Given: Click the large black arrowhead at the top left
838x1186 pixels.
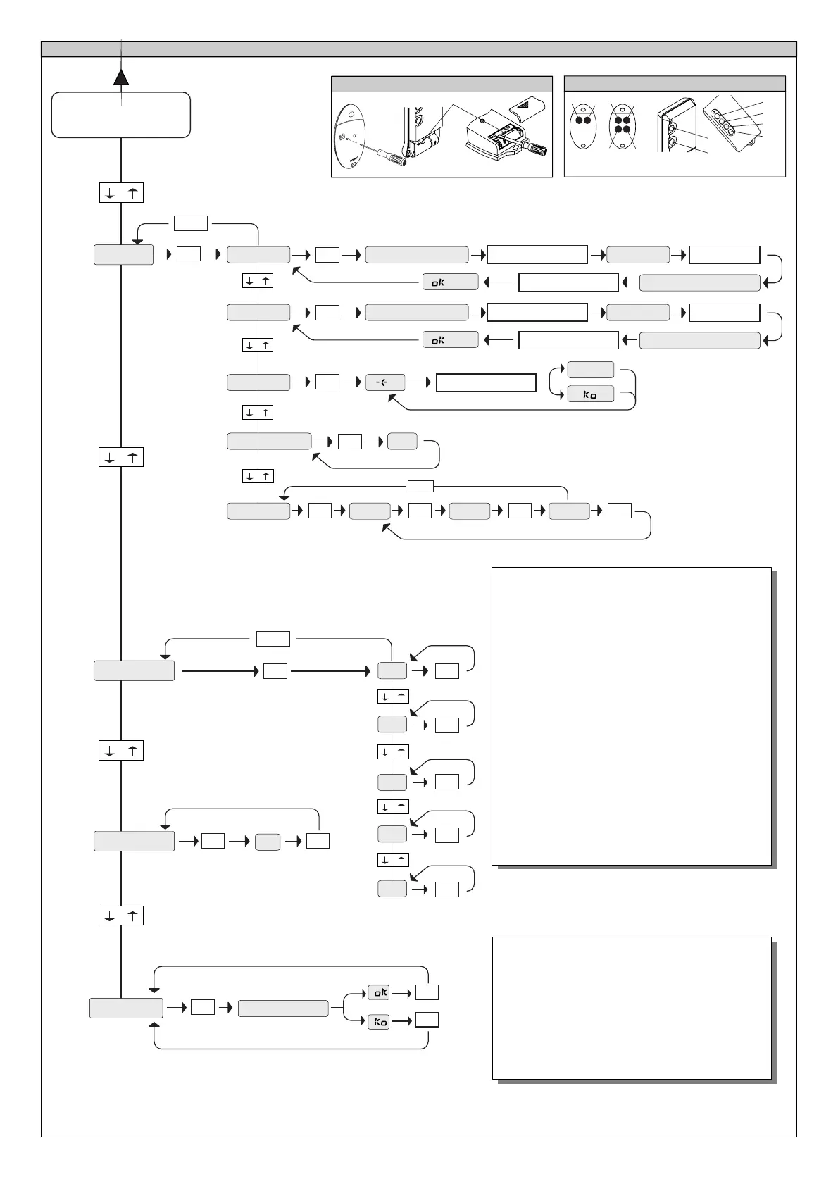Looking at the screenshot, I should tap(122, 76).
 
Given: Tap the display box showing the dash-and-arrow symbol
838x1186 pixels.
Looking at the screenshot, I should tap(385, 382).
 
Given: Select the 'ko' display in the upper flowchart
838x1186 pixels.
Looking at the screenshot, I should tap(590, 394).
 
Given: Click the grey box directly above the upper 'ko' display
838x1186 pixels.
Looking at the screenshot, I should tap(590, 370).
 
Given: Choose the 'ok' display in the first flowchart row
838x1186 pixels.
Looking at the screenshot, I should tap(450, 282).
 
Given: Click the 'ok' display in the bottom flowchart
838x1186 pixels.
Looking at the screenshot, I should tap(379, 992).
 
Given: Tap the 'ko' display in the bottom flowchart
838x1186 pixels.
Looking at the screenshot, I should tap(379, 1021).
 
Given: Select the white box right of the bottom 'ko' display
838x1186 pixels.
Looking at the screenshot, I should tap(427, 1020).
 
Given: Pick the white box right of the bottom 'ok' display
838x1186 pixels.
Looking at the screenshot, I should tap(427, 992).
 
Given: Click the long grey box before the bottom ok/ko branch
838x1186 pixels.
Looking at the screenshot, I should tap(283, 1008).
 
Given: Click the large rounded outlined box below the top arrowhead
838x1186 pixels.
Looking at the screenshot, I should tap(121, 115).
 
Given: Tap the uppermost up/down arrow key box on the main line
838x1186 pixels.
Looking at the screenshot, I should tap(121, 192).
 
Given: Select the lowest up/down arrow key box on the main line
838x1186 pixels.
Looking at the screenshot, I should tap(121, 916).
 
